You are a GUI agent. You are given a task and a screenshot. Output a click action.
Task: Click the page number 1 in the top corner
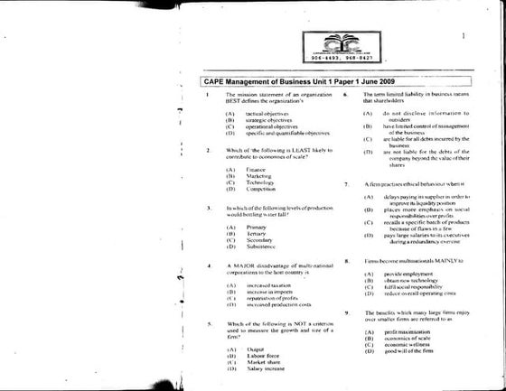(x=462, y=37)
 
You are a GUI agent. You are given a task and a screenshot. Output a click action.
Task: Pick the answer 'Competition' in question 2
(x=262, y=189)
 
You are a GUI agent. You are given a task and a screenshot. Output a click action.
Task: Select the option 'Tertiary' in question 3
(x=257, y=234)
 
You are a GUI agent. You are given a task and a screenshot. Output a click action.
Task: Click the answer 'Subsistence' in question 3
(x=262, y=247)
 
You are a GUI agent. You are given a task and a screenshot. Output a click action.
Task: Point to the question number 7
(x=347, y=183)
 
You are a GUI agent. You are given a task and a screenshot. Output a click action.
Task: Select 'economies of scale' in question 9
(x=409, y=338)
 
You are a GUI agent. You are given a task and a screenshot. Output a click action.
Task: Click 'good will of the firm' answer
(x=412, y=350)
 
